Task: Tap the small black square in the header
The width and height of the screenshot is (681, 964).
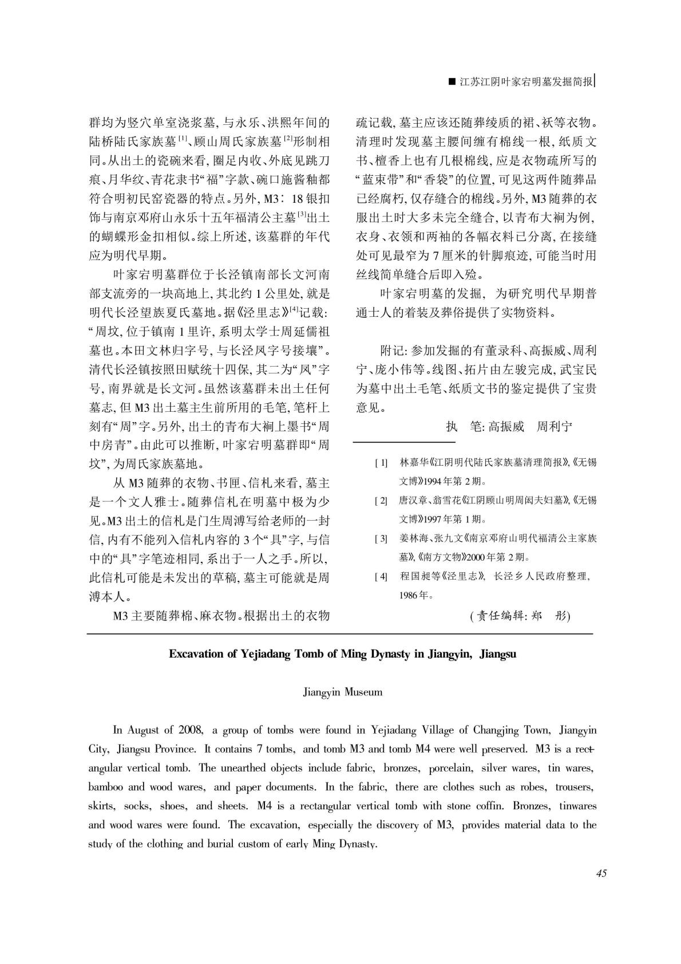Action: point(452,82)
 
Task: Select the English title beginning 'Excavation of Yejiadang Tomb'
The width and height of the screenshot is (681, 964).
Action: point(342,654)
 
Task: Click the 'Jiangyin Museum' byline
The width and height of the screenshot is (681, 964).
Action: point(342,692)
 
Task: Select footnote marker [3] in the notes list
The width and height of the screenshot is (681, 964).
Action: point(381,539)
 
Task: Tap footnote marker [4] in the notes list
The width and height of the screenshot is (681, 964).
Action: point(381,577)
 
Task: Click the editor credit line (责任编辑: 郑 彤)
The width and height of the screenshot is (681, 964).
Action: point(520,616)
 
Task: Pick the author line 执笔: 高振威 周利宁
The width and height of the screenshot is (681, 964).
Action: point(509,427)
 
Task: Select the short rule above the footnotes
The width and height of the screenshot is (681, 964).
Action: point(404,442)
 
